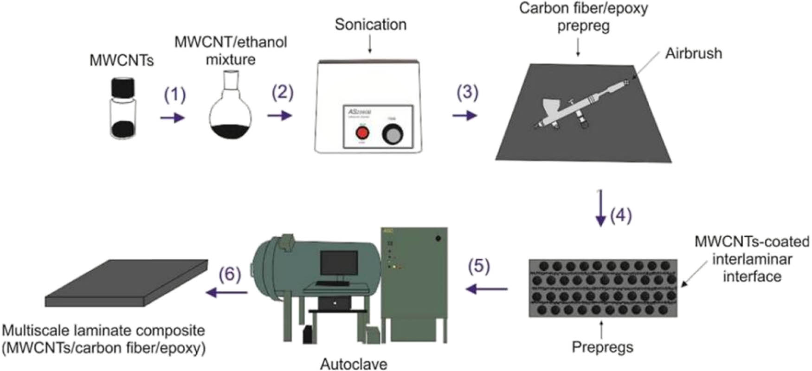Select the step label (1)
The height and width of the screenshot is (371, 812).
(175, 95)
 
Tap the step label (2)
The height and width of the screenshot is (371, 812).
(283, 93)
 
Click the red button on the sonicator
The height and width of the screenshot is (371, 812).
(362, 133)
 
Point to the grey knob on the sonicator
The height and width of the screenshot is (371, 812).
(393, 135)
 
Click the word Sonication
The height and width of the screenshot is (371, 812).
(370, 25)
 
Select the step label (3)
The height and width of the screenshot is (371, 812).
(467, 92)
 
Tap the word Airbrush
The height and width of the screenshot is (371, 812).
(693, 53)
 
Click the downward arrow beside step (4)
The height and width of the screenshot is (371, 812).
(601, 208)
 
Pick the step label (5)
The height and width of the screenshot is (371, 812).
(479, 266)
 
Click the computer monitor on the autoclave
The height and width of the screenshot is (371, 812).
(339, 263)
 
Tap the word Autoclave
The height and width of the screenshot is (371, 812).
(354, 364)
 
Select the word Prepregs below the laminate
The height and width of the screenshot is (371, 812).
(602, 346)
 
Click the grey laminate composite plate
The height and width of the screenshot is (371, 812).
(127, 283)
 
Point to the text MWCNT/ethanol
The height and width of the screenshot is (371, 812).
(231, 42)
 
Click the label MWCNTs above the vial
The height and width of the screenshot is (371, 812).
(122, 60)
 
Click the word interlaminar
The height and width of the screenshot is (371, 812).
(752, 259)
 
